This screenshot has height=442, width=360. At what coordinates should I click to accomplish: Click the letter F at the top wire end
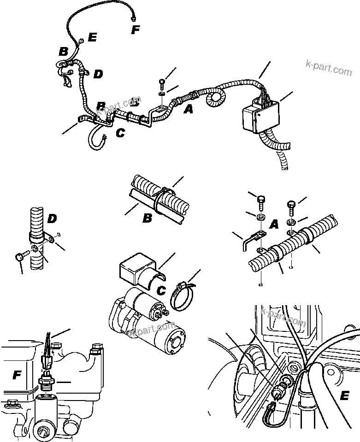point(135,30)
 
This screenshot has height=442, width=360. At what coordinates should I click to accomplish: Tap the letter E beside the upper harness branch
point(92,38)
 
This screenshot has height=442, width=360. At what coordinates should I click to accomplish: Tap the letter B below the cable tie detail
point(147,218)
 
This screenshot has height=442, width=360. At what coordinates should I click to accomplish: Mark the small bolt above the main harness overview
point(162,84)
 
